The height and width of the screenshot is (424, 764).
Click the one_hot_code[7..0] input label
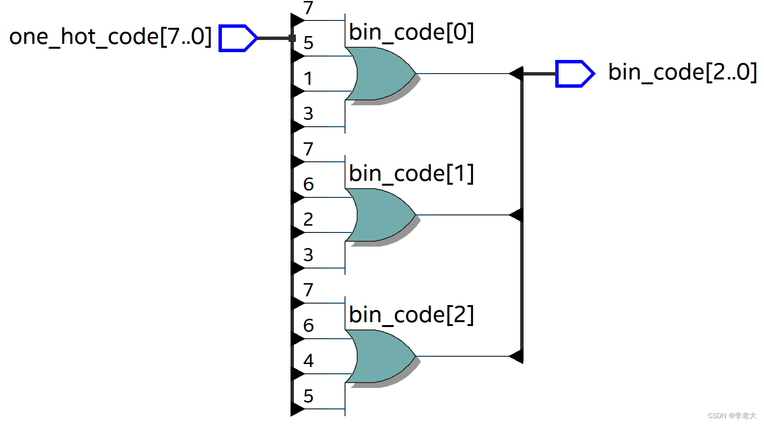tap(110, 37)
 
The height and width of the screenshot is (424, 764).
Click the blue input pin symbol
tap(237, 38)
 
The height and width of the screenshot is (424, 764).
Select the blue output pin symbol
tap(575, 74)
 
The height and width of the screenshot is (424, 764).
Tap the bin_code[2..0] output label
tap(682, 73)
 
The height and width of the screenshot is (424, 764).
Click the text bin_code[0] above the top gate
tap(411, 33)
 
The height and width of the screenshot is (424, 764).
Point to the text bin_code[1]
tap(411, 174)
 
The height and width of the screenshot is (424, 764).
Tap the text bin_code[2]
tap(411, 315)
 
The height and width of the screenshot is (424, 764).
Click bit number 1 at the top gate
tap(308, 78)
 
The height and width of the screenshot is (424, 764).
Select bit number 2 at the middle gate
tap(308, 220)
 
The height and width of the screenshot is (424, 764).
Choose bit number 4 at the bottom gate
tap(308, 361)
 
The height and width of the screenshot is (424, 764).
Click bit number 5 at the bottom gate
tap(308, 396)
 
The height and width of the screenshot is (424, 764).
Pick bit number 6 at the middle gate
tap(308, 184)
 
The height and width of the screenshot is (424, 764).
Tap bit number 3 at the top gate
tap(308, 114)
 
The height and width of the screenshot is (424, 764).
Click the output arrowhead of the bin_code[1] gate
tap(516, 214)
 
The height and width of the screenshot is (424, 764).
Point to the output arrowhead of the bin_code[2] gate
tap(516, 356)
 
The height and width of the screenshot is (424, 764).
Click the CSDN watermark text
tap(732, 416)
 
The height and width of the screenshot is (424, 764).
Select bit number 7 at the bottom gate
tap(308, 290)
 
